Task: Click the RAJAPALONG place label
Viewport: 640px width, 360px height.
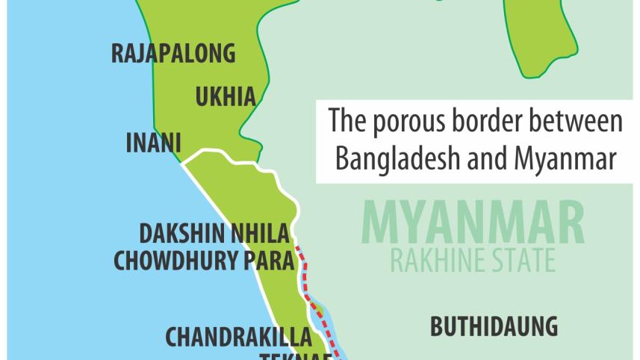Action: click(173, 54)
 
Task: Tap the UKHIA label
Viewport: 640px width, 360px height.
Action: click(225, 96)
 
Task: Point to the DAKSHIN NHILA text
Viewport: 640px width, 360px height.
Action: click(214, 235)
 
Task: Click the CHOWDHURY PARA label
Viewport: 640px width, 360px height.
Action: click(201, 260)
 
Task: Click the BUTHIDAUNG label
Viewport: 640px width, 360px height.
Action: click(494, 326)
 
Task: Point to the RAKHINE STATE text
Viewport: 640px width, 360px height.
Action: click(472, 261)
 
